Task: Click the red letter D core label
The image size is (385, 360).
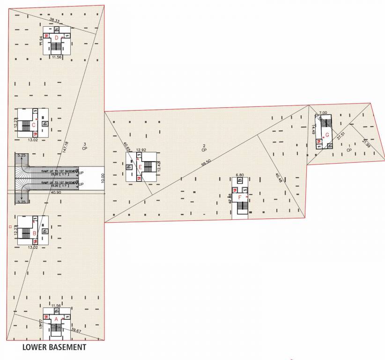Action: [x=56, y=37]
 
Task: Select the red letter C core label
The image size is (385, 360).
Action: [x=33, y=125]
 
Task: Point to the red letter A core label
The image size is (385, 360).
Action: [x=57, y=318]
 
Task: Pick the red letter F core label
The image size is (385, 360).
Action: [x=240, y=197]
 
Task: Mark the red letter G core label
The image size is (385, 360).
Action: [x=327, y=135]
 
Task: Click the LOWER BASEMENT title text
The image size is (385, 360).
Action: [x=54, y=347]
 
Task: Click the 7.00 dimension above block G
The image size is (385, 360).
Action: [x=323, y=113]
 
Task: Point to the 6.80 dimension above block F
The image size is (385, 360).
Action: [x=239, y=175]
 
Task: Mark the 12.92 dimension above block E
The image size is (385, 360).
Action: [x=141, y=150]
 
